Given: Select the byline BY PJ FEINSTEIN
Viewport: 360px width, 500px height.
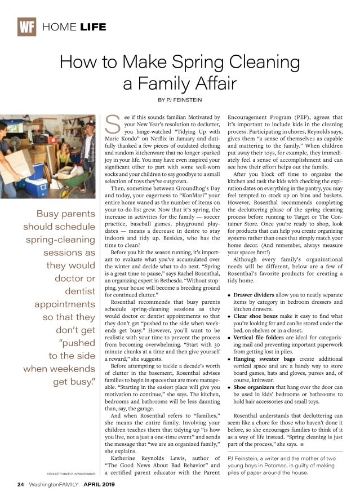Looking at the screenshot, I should (180, 100).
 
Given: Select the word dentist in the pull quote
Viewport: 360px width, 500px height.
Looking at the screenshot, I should (80, 291).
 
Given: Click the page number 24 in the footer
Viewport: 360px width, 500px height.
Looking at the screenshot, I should (20, 484).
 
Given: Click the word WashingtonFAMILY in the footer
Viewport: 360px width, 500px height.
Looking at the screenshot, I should (54, 484).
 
